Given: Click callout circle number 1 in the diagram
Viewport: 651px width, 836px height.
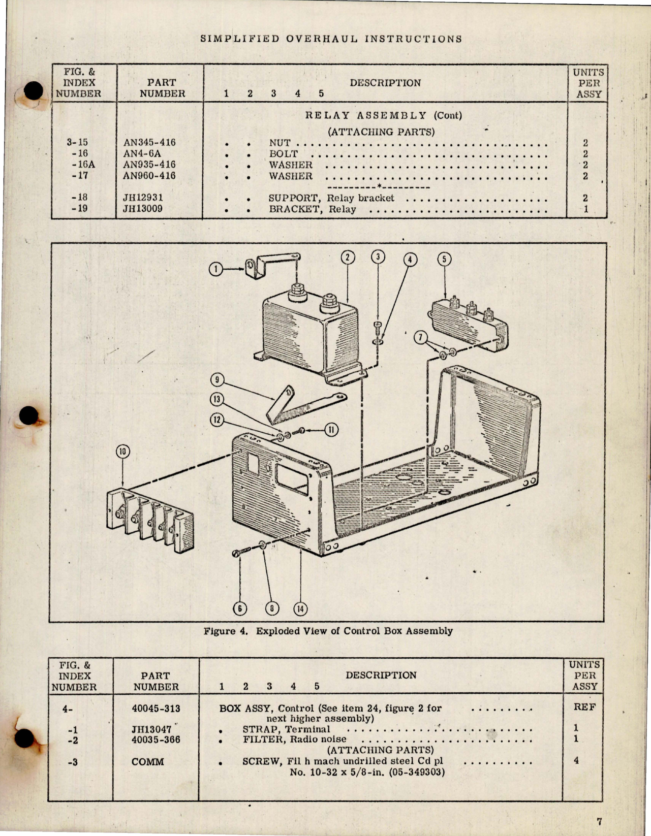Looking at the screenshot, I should point(216,269).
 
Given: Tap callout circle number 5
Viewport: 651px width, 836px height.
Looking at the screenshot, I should point(444,260).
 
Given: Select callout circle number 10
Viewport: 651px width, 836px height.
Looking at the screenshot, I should point(123,452).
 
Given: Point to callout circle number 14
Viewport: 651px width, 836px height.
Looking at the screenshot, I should point(301,609).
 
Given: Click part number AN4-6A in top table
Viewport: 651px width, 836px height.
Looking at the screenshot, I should point(142,153).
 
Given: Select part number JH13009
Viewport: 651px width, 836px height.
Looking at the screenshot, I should point(142,209).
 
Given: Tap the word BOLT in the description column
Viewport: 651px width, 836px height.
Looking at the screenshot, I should point(283,154).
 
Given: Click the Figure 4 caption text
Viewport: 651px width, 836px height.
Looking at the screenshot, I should point(328,631).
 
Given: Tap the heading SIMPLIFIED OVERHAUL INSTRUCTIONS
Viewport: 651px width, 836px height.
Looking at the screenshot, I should point(331,39).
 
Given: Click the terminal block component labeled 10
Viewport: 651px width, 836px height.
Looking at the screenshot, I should point(150,521).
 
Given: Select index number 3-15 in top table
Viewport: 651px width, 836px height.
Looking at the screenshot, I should point(77,142).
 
